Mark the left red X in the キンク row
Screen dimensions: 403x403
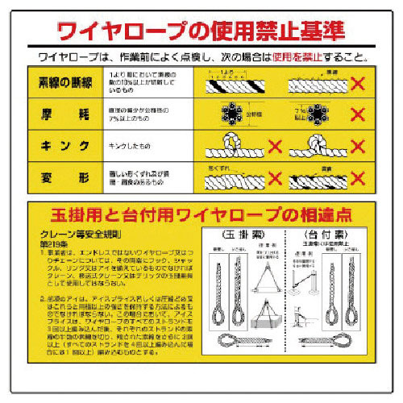pyautogui.click(x=274, y=146)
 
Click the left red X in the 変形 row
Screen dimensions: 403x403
pyautogui.click(x=274, y=177)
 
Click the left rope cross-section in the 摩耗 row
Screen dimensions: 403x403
pyautogui.click(x=231, y=114)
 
